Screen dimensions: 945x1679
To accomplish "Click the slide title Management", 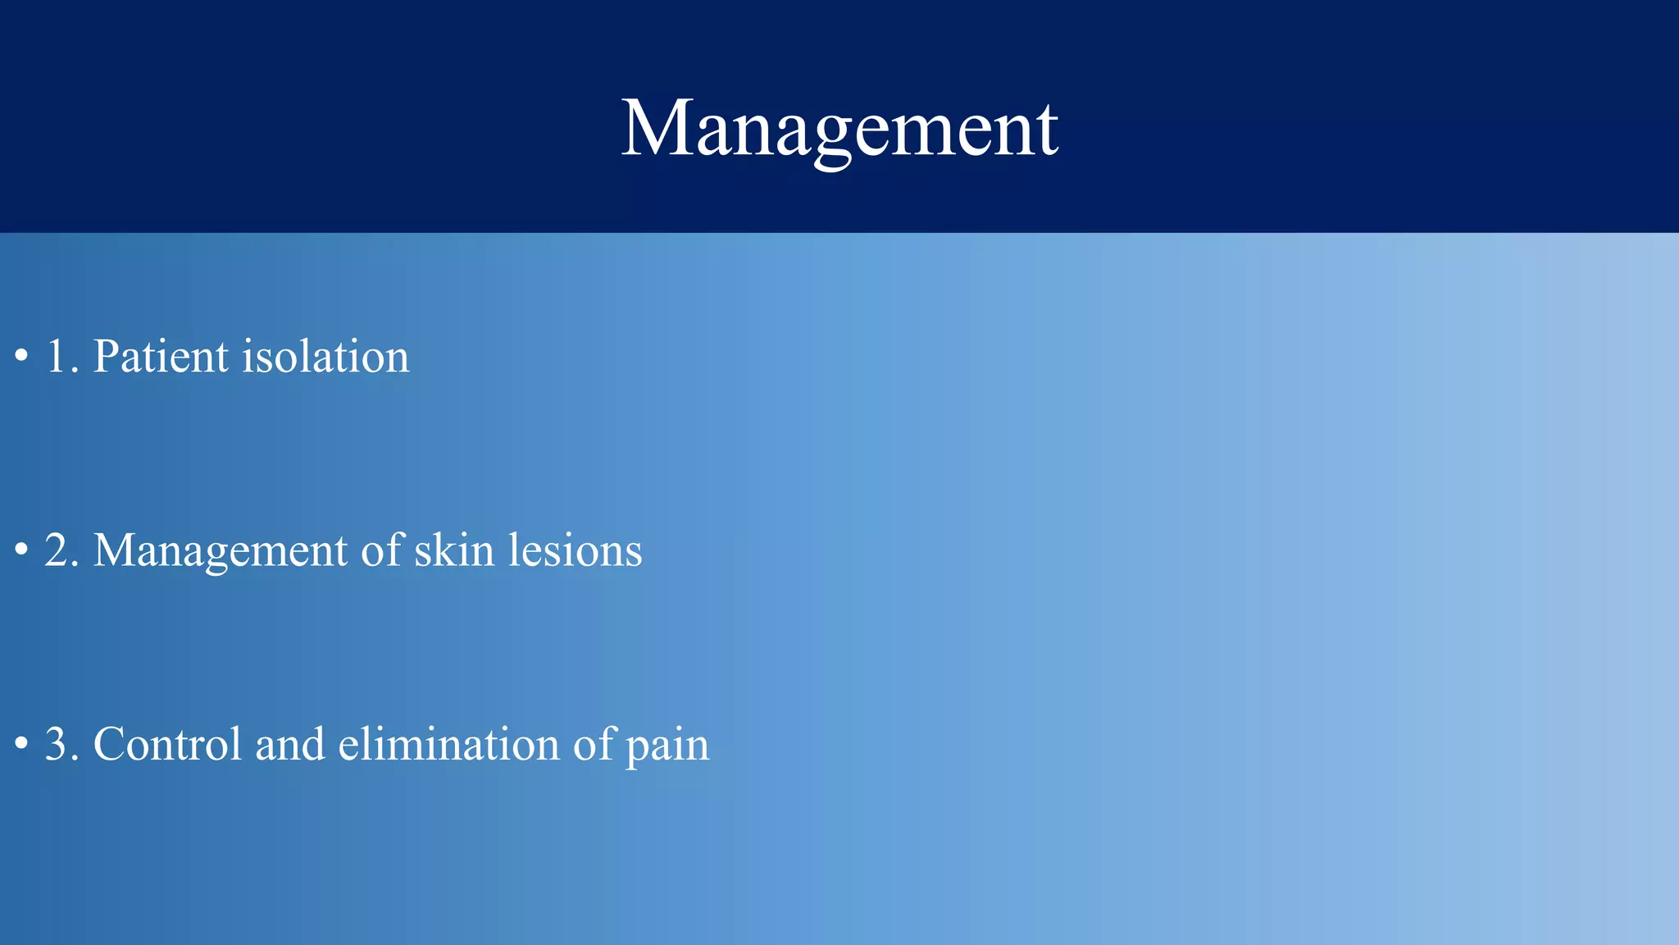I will click(839, 129).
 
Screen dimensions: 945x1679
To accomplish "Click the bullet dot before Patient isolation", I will click(22, 358).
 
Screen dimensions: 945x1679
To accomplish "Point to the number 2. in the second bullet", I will click(61, 550).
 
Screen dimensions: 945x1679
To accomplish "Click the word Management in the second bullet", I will click(220, 550).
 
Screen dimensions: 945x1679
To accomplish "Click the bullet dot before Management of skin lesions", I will click(22, 551).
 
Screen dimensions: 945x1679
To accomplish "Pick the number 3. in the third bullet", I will click(61, 744).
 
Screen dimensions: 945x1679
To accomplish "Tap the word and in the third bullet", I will click(289, 744).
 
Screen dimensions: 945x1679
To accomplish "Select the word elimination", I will click(448, 744).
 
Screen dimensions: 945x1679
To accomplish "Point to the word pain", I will click(667, 746).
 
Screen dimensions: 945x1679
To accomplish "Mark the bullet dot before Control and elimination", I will click(22, 746).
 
